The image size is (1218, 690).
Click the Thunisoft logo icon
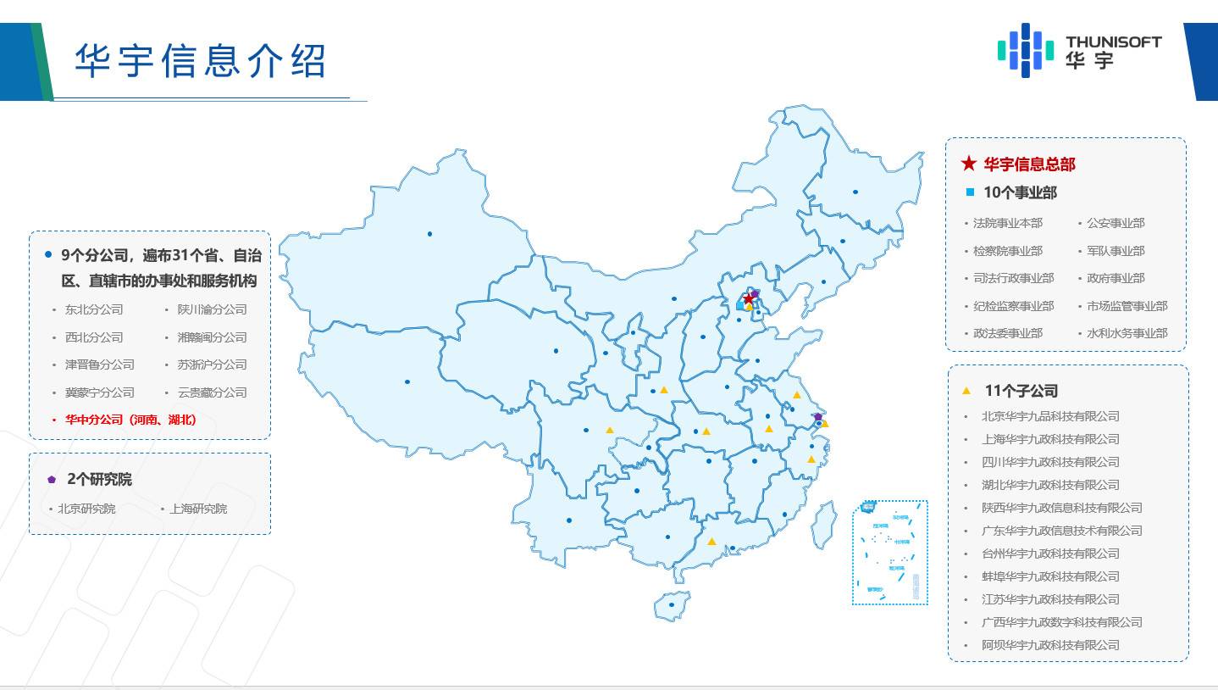click(1026, 50)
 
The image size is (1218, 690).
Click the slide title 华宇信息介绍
click(201, 61)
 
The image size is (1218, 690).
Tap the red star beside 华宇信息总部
click(969, 164)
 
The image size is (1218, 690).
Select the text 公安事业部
click(1116, 223)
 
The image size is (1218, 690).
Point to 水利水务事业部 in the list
click(1127, 333)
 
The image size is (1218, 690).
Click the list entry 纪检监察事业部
click(1013, 306)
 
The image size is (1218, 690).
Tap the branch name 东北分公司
click(94, 309)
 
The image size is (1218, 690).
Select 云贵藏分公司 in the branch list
click(212, 392)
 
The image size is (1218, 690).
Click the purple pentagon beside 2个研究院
click(53, 480)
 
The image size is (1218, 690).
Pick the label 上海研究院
click(198, 509)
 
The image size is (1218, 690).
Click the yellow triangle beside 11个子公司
click(966, 391)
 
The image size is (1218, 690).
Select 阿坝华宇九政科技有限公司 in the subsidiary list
click(1050, 645)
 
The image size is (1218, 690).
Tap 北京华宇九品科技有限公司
click(1050, 416)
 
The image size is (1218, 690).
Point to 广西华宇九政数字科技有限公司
click(1062, 622)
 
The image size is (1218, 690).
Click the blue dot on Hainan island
click(672, 604)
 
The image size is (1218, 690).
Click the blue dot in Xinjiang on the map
click(429, 234)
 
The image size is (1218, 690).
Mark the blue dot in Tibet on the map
click(407, 381)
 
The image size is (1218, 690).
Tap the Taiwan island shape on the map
click(823, 524)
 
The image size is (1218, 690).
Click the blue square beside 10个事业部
click(970, 192)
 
